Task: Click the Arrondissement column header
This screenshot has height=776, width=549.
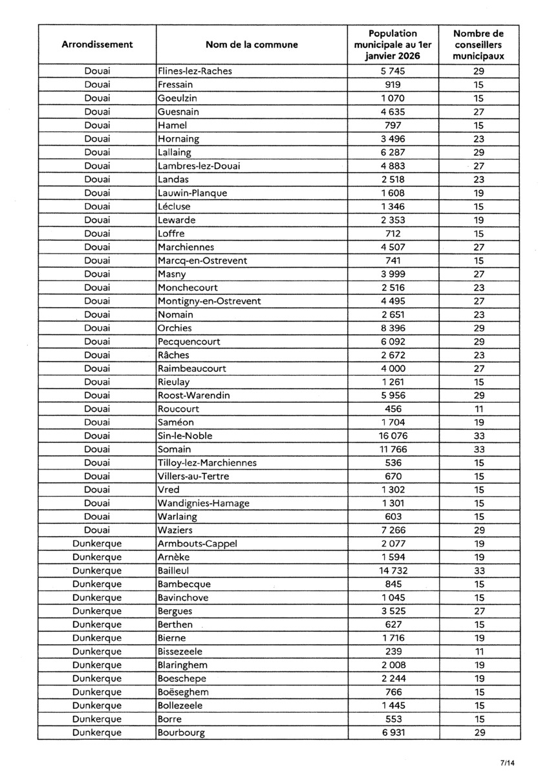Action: point(97,45)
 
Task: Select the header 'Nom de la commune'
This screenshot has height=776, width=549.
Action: point(252,45)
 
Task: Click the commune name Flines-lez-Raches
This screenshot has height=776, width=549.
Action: point(195,71)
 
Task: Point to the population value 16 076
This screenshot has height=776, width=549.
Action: point(393,436)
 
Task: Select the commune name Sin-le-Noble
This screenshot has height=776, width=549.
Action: point(185,436)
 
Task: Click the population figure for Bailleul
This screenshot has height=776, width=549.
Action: point(393,571)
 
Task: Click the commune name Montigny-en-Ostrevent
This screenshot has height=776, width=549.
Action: point(210,301)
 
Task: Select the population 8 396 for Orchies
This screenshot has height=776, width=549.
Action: point(393,328)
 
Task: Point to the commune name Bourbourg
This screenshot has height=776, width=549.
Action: point(181,733)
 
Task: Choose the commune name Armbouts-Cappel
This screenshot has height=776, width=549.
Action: point(197,544)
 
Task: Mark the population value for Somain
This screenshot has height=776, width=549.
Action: point(393,449)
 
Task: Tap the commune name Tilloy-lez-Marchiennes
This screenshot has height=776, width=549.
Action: point(207,463)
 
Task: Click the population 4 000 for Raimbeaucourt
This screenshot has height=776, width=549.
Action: point(393,369)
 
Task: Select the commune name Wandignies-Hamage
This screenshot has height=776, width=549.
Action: point(204,503)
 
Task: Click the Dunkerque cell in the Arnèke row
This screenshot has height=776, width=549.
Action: point(97,557)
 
